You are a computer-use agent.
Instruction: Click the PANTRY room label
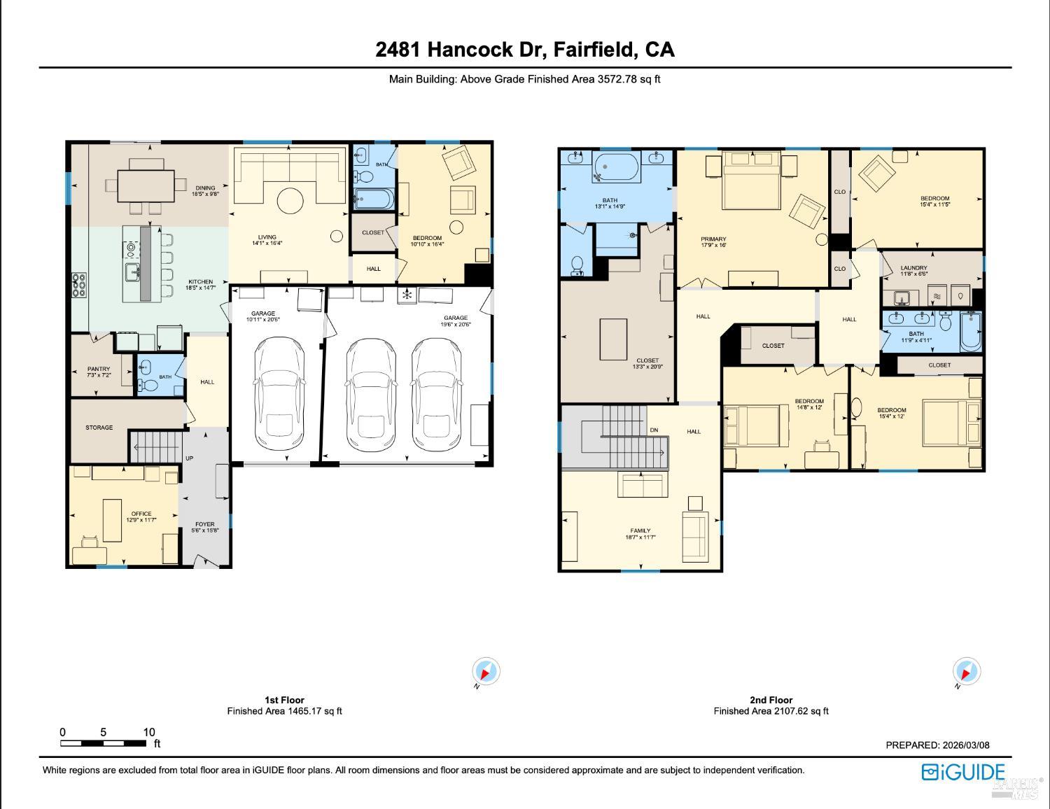[99, 369]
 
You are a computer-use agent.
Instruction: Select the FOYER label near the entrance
[204, 524]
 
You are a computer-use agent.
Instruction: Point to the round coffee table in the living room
[290, 202]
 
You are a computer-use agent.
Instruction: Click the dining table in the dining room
[146, 185]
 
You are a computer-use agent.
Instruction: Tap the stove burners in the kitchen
[78, 285]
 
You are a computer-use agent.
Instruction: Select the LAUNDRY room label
[913, 268]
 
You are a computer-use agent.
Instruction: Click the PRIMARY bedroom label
[713, 239]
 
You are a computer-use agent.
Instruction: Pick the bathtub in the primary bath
[616, 167]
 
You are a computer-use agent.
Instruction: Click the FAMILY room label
[640, 530]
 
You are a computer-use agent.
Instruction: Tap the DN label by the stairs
[654, 430]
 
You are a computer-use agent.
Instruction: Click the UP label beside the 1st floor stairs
[189, 458]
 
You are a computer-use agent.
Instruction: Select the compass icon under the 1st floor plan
[485, 672]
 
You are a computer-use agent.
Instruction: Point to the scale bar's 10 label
[149, 732]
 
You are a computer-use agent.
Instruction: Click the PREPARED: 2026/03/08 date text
[937, 745]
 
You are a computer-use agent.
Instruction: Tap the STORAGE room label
[99, 428]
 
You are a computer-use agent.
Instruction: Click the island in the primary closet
[613, 339]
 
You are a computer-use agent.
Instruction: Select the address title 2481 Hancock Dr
[525, 50]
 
